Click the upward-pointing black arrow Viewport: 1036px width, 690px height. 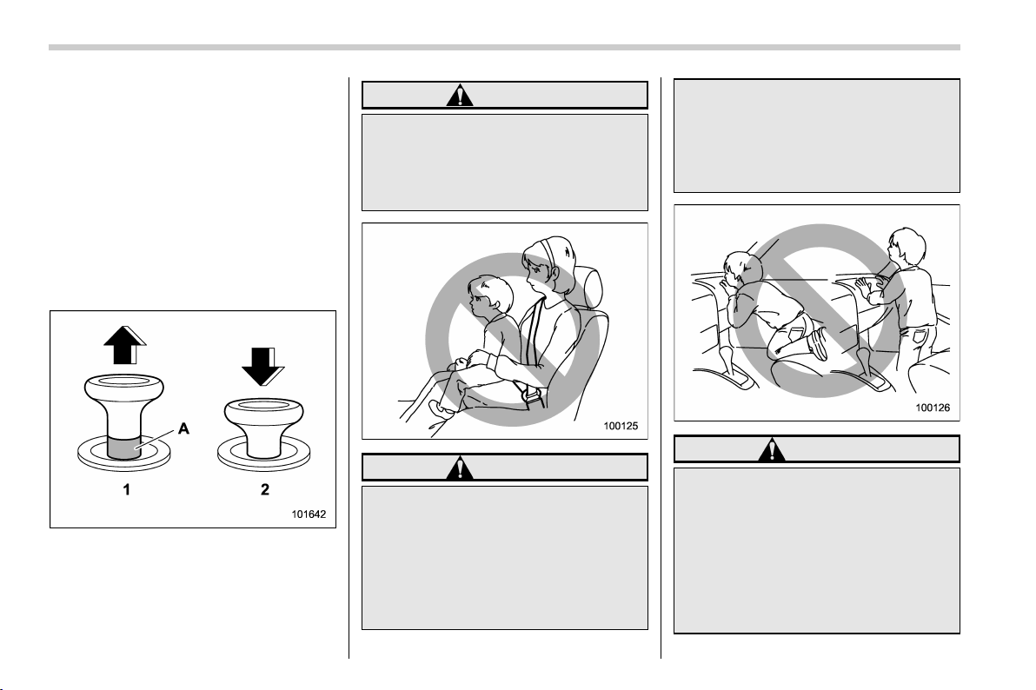click(x=124, y=345)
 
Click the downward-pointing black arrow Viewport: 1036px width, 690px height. click(x=262, y=367)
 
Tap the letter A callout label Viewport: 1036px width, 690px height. click(x=183, y=429)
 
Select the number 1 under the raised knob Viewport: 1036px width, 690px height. click(x=126, y=489)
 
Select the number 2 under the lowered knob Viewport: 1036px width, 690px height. click(x=265, y=489)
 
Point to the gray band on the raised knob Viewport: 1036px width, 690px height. click(x=123, y=448)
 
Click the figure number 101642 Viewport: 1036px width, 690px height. click(x=309, y=514)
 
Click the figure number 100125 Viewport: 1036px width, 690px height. click(x=621, y=427)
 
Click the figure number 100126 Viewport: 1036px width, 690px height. click(x=933, y=408)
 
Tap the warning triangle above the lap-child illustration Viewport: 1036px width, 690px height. click(x=459, y=96)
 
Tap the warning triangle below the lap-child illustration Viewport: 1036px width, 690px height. click(x=459, y=468)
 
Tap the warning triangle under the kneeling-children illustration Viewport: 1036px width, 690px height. click(x=771, y=449)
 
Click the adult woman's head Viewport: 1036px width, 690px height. click(x=549, y=264)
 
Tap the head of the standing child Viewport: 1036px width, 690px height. click(x=905, y=248)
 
